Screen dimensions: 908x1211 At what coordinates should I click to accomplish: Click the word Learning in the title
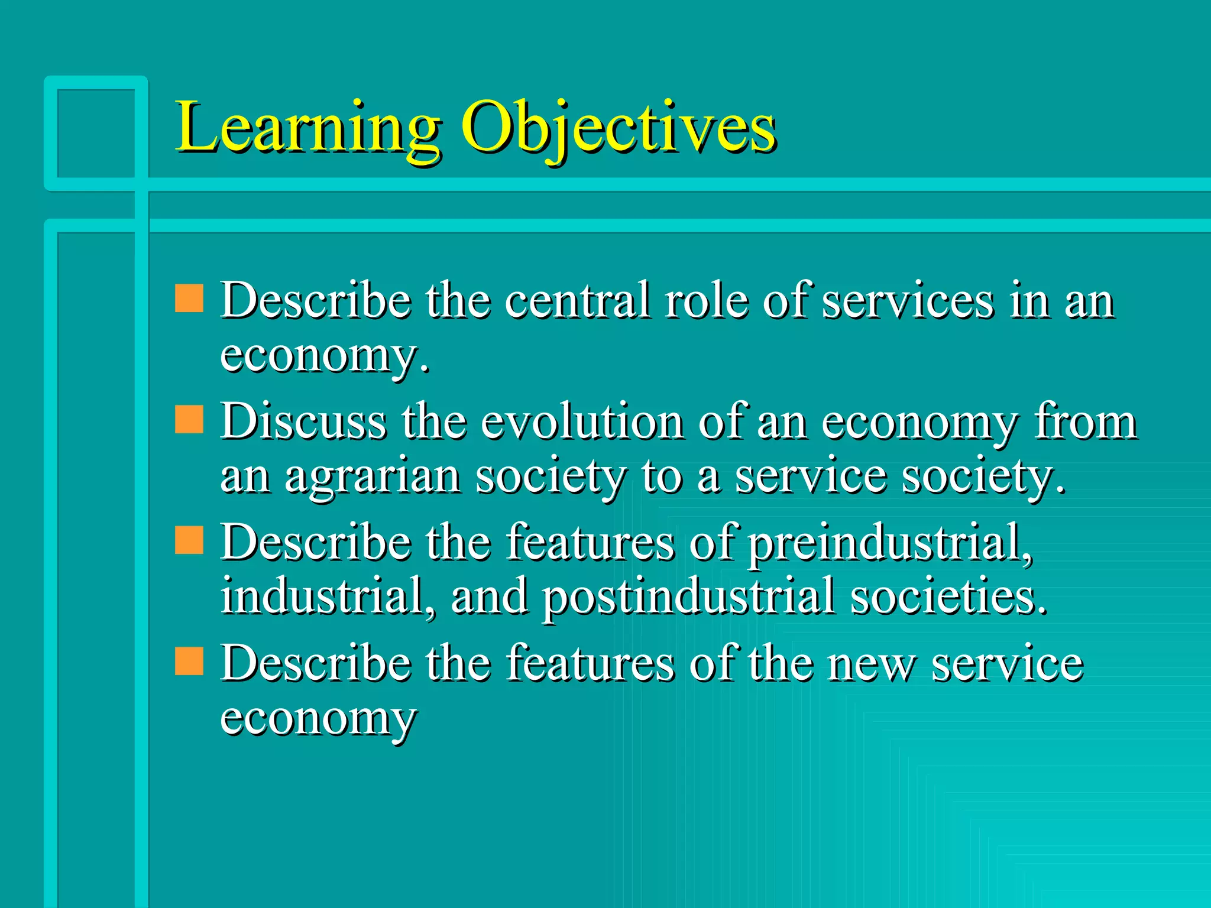307,127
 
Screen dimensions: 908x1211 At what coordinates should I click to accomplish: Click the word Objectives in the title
618,127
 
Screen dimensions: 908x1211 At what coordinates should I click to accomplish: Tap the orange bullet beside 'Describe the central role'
189,298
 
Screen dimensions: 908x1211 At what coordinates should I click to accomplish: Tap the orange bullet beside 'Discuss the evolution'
189,419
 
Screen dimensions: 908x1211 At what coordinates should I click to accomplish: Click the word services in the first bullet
908,301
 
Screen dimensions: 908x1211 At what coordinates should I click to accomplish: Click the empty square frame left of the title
96,133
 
